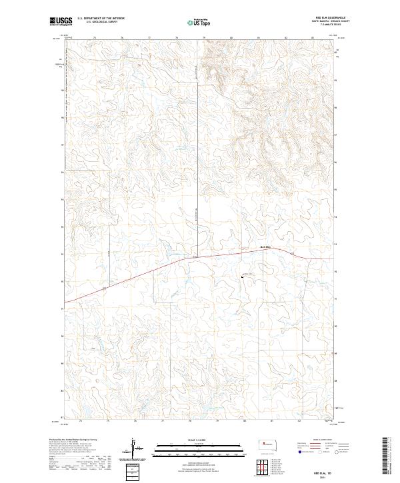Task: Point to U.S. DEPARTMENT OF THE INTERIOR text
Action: (x=101, y=19)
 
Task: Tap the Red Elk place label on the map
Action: (x=265, y=248)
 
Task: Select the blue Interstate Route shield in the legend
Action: (x=300, y=451)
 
